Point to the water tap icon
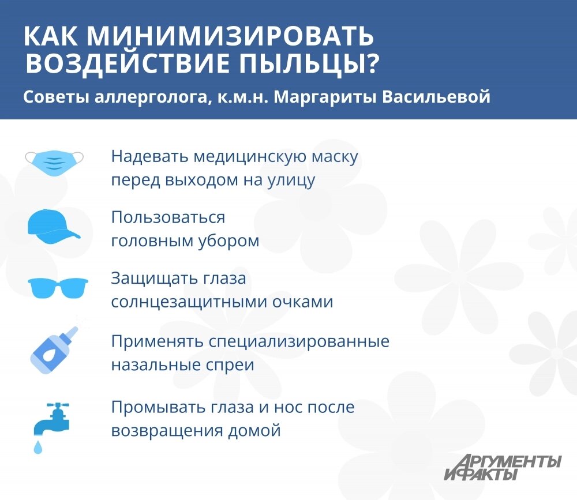click(51, 419)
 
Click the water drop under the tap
click(38, 445)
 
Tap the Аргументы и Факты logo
click(502, 467)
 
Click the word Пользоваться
click(168, 218)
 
